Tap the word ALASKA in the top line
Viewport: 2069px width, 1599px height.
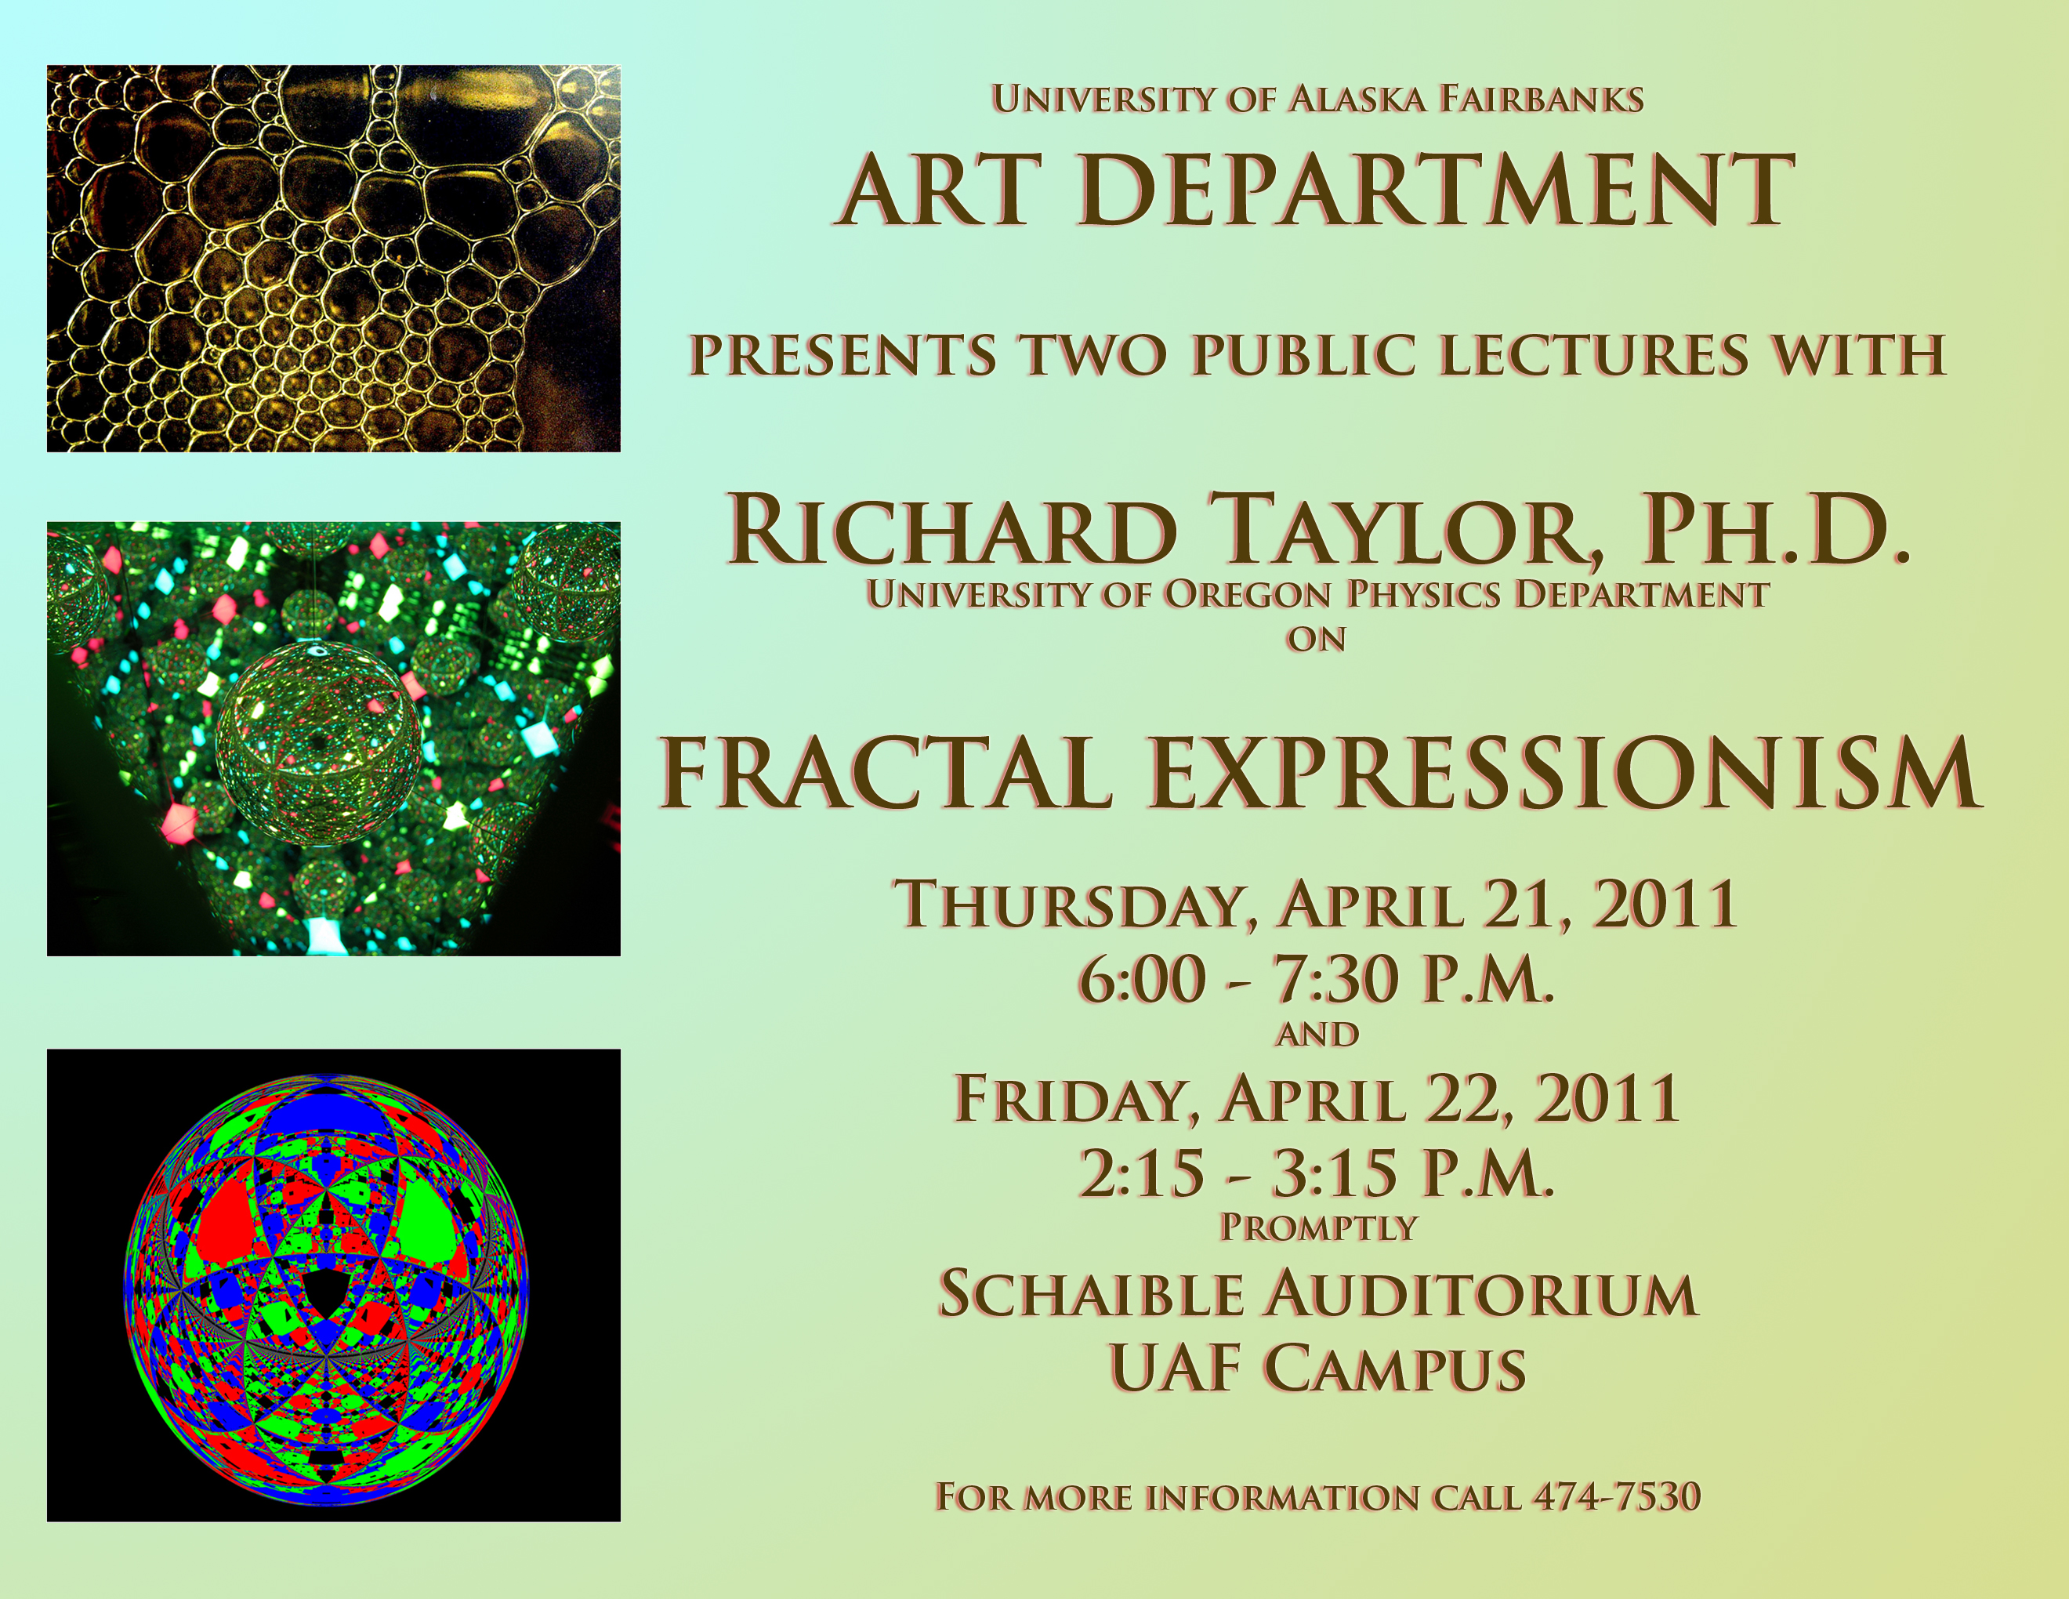pyautogui.click(x=1357, y=100)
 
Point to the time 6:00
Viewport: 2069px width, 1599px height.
pyautogui.click(x=1142, y=980)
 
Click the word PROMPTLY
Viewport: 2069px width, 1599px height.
pyautogui.click(x=1317, y=1227)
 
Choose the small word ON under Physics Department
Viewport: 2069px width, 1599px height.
pyautogui.click(x=1316, y=640)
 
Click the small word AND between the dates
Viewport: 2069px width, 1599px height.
pyautogui.click(x=1317, y=1035)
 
